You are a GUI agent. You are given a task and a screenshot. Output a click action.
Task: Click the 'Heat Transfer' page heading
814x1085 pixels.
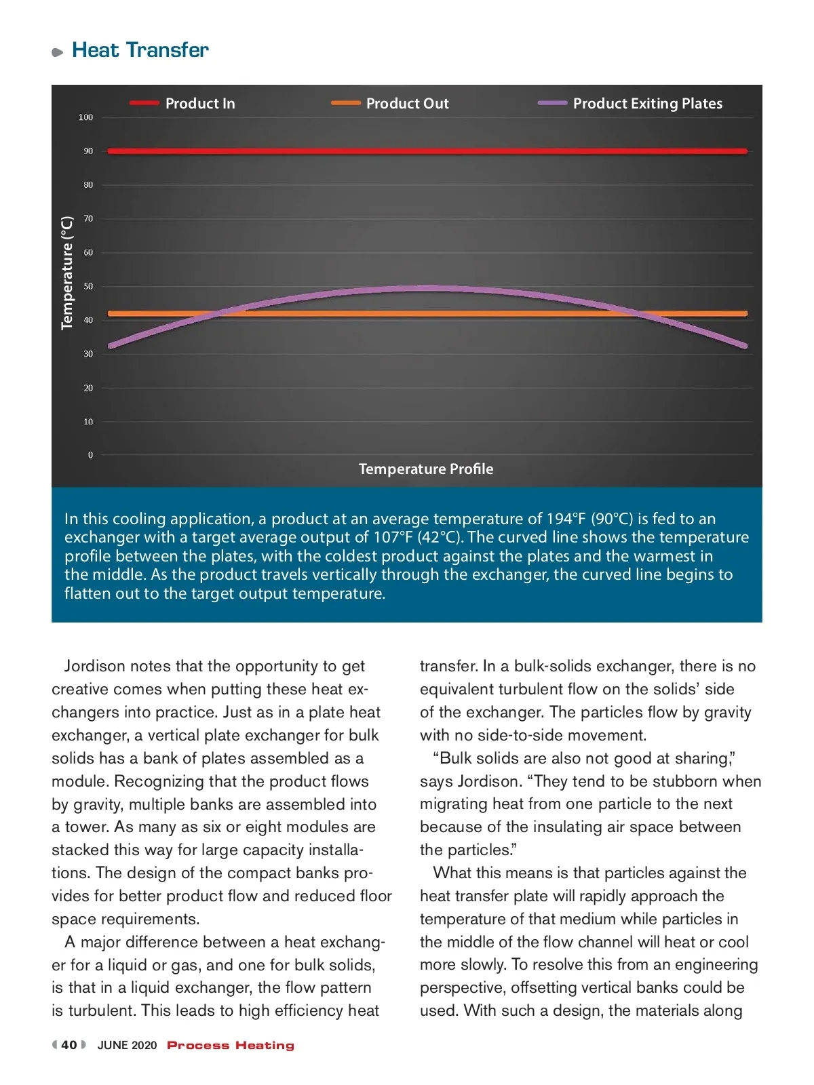tap(140, 50)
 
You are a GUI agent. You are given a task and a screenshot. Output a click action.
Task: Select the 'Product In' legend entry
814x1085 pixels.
tap(200, 104)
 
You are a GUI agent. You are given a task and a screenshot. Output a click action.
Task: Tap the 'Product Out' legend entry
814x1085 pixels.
tap(407, 104)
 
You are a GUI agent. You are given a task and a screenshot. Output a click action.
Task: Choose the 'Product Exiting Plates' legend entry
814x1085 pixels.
tap(647, 104)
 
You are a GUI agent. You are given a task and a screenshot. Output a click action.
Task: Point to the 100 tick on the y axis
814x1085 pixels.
tap(85, 117)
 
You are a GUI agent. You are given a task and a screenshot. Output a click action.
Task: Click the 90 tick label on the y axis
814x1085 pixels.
tap(88, 151)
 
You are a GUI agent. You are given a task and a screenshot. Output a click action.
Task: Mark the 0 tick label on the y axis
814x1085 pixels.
tap(90, 455)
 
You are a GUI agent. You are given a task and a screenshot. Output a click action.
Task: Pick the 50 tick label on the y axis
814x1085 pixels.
tap(88, 286)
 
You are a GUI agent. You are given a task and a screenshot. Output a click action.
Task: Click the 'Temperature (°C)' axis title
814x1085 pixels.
tap(66, 273)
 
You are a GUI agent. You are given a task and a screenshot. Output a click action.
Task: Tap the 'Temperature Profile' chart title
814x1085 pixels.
tap(426, 469)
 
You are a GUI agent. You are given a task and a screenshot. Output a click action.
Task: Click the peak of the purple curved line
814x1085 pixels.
tap(426, 288)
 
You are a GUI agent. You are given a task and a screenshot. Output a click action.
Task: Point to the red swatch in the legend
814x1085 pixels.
tap(144, 103)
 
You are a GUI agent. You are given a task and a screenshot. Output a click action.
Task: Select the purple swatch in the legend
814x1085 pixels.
tap(552, 103)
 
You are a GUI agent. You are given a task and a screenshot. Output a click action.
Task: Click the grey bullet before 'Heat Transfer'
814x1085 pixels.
tap(57, 52)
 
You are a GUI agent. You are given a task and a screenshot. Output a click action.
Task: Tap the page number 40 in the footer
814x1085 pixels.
tap(69, 1045)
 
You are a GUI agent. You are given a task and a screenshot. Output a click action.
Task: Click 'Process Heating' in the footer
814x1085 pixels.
tap(231, 1046)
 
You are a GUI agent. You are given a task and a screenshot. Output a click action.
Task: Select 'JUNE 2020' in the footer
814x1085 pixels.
tap(127, 1046)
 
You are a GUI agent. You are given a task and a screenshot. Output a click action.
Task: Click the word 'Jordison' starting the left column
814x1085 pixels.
tap(95, 667)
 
